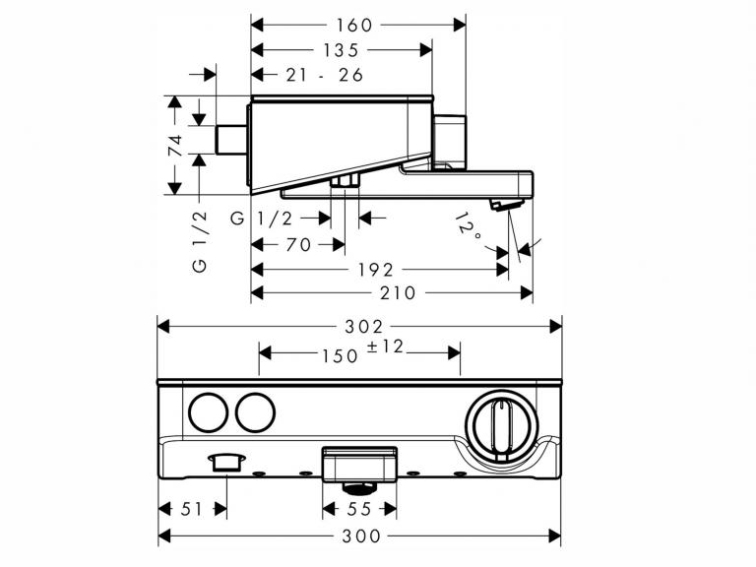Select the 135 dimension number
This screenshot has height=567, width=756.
click(x=340, y=50)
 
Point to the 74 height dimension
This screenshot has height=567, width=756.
click(x=175, y=146)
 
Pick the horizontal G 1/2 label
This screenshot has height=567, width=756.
click(x=263, y=220)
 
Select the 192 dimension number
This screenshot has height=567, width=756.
click(x=374, y=270)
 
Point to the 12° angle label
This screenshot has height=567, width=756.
click(x=470, y=228)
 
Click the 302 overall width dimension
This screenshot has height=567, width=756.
click(x=360, y=326)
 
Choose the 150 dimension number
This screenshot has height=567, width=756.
click(x=340, y=355)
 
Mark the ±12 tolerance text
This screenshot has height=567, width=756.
click(x=387, y=347)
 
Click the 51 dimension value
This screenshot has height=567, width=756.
click(x=194, y=508)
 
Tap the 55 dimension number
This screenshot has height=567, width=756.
click(x=360, y=508)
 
